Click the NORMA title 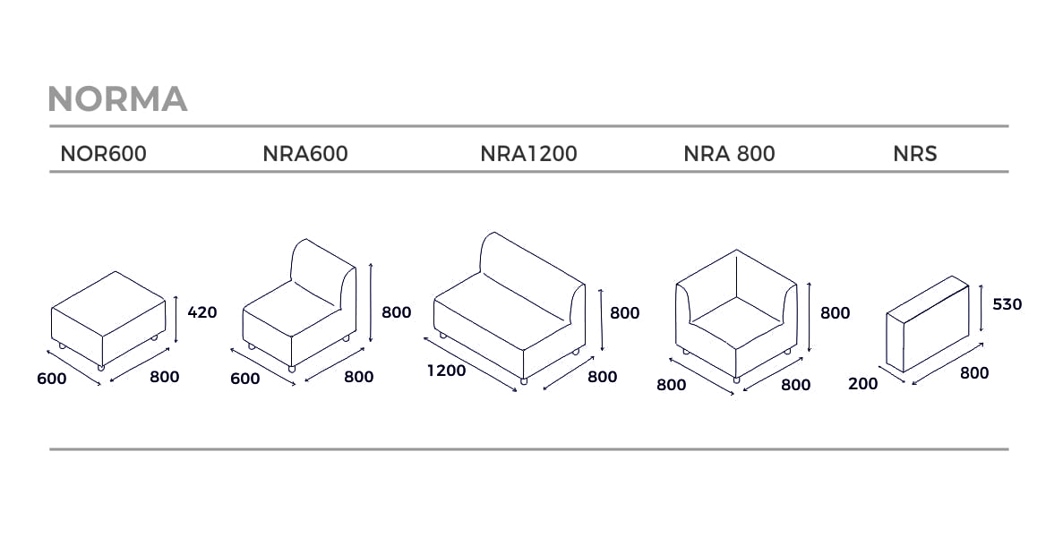(x=117, y=98)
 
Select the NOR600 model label (x=103, y=153)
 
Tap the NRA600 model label (x=305, y=153)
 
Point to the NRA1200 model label (x=528, y=153)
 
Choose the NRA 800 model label (x=729, y=153)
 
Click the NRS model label (x=915, y=153)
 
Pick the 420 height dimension (x=202, y=312)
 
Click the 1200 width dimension (x=447, y=371)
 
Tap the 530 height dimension (x=1007, y=304)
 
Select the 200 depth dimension (x=863, y=384)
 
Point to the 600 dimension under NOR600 (x=52, y=379)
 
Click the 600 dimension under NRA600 (x=244, y=379)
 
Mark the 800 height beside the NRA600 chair (x=396, y=312)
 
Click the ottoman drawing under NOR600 (x=107, y=320)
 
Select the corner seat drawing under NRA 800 (x=736, y=315)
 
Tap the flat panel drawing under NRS (x=927, y=324)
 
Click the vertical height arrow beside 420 (x=176, y=320)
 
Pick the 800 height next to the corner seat (x=836, y=313)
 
